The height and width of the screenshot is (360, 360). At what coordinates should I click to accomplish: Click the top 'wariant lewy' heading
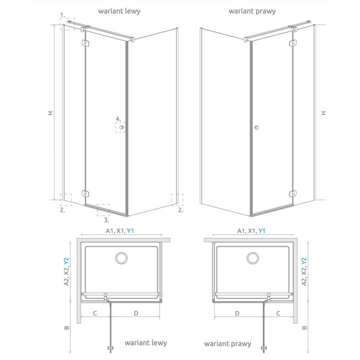(119, 10)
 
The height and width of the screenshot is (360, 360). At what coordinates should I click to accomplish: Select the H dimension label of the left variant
(51, 113)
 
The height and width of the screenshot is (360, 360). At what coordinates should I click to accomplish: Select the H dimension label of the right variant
(323, 113)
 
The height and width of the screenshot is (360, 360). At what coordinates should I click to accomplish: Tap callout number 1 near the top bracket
(62, 15)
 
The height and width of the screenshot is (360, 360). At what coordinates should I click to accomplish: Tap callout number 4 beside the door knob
(118, 119)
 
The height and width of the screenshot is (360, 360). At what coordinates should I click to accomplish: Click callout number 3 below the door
(106, 218)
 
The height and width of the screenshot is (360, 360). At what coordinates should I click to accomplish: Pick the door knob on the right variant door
(256, 128)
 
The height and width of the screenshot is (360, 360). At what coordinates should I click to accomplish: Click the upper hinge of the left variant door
(85, 44)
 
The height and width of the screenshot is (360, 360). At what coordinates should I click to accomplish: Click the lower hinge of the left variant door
(85, 192)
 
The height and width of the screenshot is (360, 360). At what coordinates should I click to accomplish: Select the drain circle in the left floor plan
(120, 258)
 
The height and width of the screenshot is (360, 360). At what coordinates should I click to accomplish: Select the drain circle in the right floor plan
(252, 258)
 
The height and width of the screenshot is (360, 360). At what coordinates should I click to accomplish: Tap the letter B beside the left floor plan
(66, 328)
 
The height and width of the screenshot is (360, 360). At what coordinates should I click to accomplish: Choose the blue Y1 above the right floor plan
(261, 230)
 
